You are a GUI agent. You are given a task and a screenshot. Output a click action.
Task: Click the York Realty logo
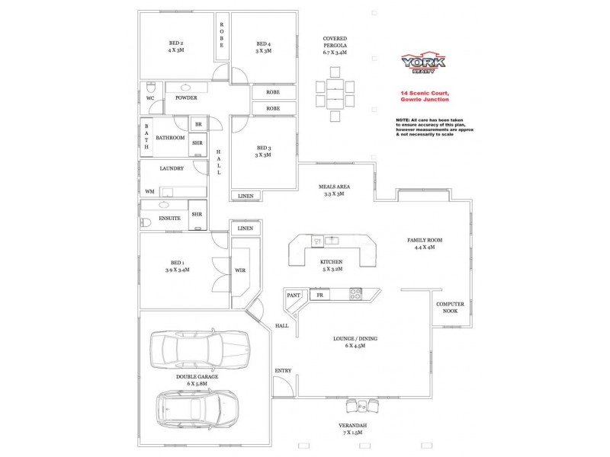click(x=424, y=64)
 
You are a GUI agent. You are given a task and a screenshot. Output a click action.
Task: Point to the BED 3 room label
click(x=263, y=151)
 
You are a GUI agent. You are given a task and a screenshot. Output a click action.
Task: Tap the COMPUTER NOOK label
click(x=450, y=308)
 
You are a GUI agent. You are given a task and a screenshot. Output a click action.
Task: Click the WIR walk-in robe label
click(x=240, y=270)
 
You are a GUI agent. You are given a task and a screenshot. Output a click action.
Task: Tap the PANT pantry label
click(x=293, y=295)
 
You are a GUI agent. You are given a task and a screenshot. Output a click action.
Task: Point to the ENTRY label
click(x=283, y=371)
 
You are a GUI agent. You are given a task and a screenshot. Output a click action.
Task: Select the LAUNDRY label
click(x=172, y=168)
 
